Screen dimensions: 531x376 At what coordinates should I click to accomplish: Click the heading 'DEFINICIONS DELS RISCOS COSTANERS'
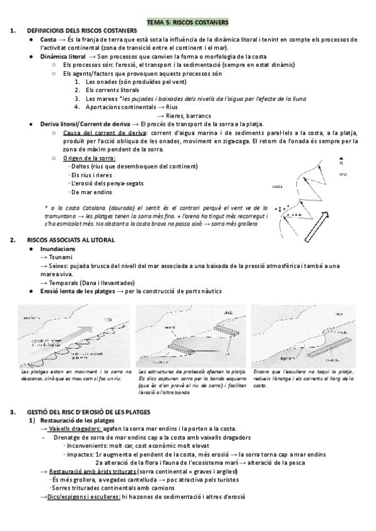[81, 31]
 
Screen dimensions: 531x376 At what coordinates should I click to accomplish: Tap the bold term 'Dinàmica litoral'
[63, 56]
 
